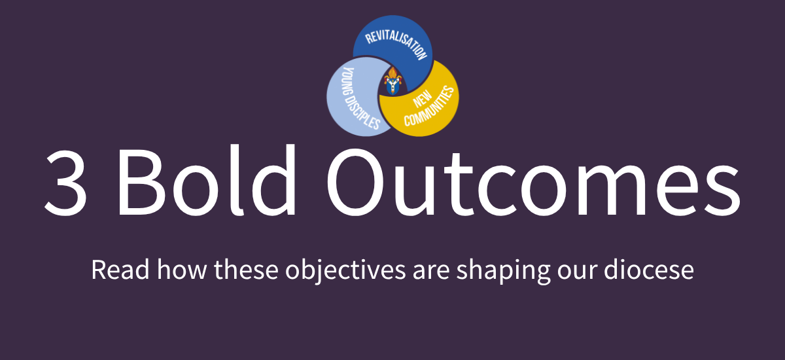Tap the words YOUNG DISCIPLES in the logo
(x=360, y=98)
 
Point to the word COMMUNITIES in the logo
(x=429, y=106)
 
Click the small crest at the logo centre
(x=392, y=81)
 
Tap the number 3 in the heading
(x=66, y=182)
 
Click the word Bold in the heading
(x=207, y=180)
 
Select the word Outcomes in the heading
(x=533, y=181)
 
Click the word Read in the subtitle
(x=120, y=269)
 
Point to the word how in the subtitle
(x=182, y=269)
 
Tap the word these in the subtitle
(x=247, y=269)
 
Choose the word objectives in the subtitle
(x=345, y=270)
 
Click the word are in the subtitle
(x=431, y=272)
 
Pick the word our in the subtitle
(x=577, y=272)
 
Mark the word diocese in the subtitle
(x=649, y=269)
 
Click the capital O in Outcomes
(x=355, y=181)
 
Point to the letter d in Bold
(x=273, y=180)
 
